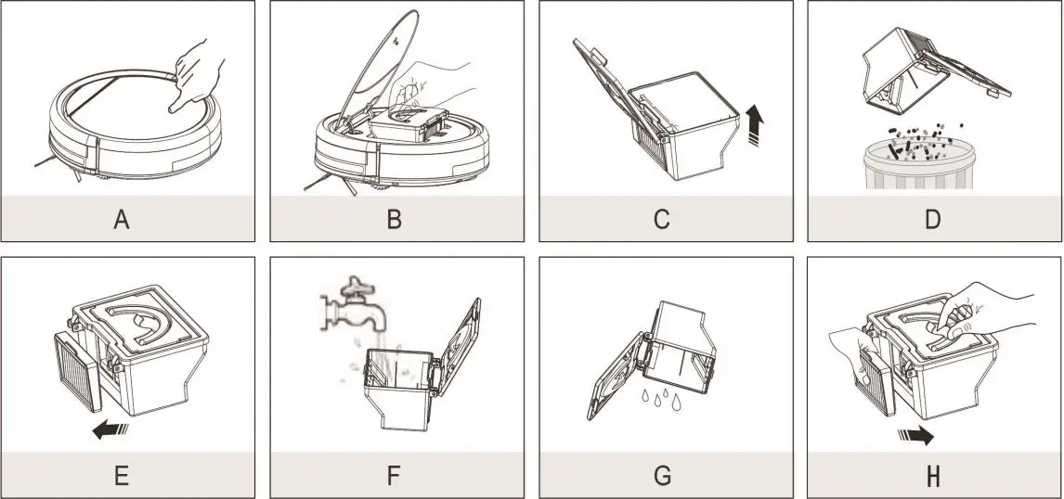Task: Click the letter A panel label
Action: [122, 219]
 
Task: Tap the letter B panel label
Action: [394, 219]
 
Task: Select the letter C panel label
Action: [662, 219]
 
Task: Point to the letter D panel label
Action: [933, 219]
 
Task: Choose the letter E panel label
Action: [122, 476]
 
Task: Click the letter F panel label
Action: [394, 476]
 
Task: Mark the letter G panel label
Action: [662, 476]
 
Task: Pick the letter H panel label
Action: [933, 476]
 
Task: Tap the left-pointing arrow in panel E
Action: [110, 429]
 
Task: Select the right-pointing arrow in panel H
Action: [915, 436]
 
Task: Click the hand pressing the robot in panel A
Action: [196, 74]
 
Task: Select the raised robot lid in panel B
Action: [377, 68]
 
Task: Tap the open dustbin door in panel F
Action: [460, 347]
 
